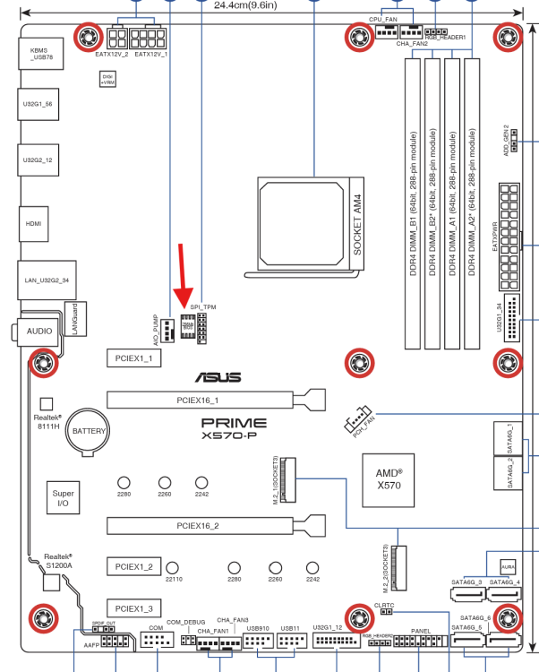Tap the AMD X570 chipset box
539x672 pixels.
(x=388, y=478)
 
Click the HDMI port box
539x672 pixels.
(x=33, y=223)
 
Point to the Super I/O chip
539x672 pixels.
(x=64, y=499)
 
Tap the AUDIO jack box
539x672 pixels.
(x=38, y=331)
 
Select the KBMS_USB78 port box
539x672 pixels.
(x=38, y=56)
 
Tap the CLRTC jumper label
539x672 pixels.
(x=384, y=606)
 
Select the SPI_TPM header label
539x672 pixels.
(x=203, y=306)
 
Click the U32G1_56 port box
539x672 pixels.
(x=38, y=104)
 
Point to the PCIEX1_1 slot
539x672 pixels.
(x=133, y=358)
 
